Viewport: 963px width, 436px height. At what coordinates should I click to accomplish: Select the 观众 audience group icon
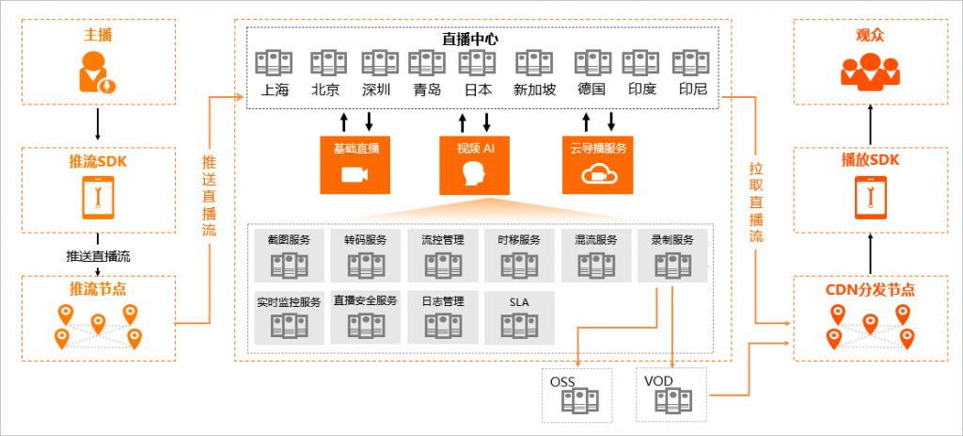click(869, 71)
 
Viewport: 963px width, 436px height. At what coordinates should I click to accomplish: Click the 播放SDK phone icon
click(870, 198)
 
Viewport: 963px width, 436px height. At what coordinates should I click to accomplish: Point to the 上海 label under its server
click(275, 90)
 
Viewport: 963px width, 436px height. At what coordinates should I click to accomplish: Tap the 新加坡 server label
click(534, 90)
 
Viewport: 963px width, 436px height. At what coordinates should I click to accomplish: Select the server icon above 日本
click(477, 63)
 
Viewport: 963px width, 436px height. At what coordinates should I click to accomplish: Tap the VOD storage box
click(672, 394)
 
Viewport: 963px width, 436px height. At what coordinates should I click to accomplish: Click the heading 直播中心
click(470, 40)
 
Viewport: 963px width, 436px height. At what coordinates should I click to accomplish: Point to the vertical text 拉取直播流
click(755, 202)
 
